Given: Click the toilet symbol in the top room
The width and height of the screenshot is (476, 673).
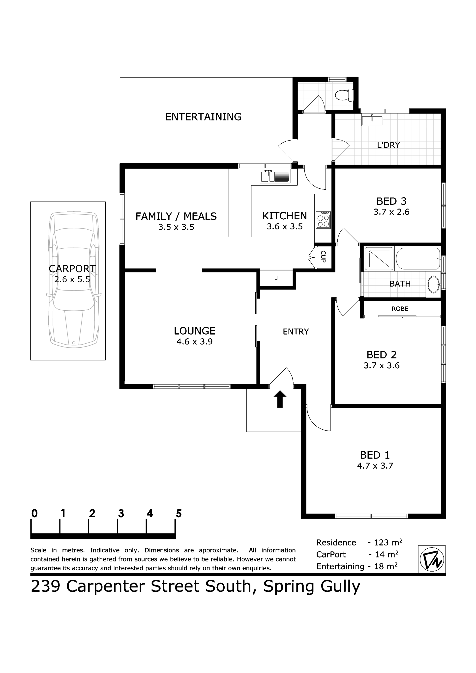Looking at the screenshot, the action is pyautogui.click(x=344, y=95).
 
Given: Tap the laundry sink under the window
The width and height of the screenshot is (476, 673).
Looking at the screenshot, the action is pyautogui.click(x=372, y=120).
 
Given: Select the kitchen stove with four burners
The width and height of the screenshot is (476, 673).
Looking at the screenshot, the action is pyautogui.click(x=323, y=220).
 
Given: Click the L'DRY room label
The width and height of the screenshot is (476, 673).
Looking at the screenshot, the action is pyautogui.click(x=388, y=145).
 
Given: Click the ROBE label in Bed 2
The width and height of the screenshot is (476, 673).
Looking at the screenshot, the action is pyautogui.click(x=400, y=309).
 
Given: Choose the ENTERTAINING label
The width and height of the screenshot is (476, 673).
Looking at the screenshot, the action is pyautogui.click(x=203, y=117).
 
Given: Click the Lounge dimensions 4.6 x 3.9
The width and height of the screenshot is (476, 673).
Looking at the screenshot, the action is pyautogui.click(x=194, y=342).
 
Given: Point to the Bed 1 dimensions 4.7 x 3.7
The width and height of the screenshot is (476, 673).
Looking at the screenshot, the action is pyautogui.click(x=375, y=466).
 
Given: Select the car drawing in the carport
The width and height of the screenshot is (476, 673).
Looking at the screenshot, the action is pyautogui.click(x=73, y=280).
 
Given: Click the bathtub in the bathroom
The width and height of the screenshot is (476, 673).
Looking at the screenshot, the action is pyautogui.click(x=418, y=258).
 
